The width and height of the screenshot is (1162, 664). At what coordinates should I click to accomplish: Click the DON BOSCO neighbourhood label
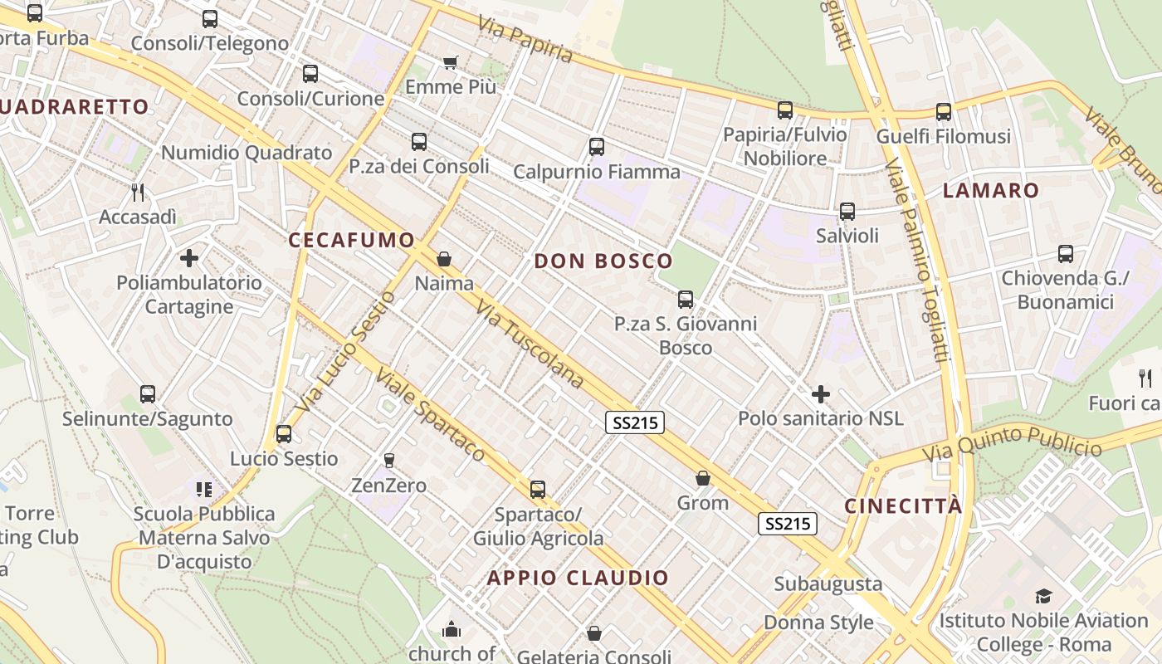click(603, 261)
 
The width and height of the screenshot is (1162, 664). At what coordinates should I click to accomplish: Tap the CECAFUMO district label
click(351, 241)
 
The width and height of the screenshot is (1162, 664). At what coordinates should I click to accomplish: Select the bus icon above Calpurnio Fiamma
click(596, 148)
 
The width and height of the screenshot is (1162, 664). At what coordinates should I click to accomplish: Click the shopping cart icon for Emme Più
click(451, 62)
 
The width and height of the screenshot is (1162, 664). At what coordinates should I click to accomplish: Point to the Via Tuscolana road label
click(530, 344)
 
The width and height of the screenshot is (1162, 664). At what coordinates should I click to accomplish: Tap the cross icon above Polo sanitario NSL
click(821, 393)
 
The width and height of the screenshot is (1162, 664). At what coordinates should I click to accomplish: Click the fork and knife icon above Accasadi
click(138, 193)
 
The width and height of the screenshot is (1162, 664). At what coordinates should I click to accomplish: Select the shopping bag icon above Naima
click(444, 259)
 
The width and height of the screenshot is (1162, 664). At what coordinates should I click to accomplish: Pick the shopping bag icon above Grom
click(703, 478)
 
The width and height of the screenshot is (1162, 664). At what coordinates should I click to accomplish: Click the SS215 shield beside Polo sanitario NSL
click(635, 423)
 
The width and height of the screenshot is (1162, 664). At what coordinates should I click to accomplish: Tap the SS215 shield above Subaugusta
click(787, 524)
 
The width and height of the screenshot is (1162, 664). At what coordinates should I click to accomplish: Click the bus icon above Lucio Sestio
click(284, 433)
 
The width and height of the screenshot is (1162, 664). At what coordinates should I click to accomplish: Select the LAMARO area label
click(991, 190)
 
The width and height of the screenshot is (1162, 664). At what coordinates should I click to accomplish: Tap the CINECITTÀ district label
click(904, 506)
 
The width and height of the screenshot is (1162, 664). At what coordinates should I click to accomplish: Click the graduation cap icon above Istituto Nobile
click(1043, 596)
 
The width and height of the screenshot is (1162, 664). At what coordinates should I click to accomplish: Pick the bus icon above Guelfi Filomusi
click(944, 111)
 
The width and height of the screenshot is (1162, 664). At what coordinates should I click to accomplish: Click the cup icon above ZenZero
click(388, 460)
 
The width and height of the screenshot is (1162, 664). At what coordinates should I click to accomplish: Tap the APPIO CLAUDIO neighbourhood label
click(578, 579)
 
